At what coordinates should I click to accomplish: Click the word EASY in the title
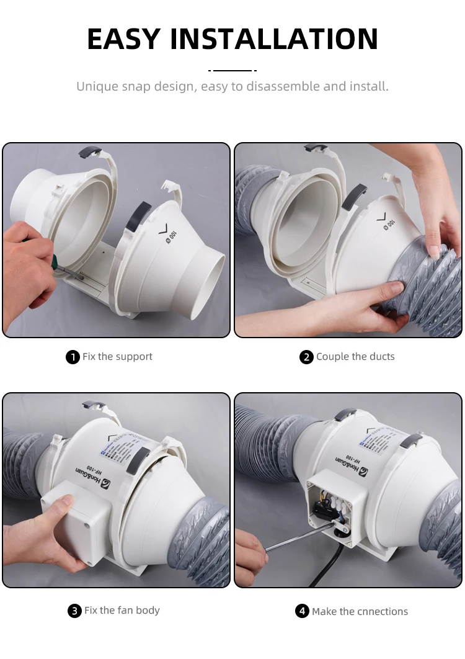(124, 39)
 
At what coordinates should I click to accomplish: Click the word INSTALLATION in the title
(274, 39)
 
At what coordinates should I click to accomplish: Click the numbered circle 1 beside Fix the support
(73, 357)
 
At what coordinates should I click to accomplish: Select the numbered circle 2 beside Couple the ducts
(306, 357)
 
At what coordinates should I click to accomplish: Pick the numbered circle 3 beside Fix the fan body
(74, 611)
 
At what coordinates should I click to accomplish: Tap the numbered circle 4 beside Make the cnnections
(302, 611)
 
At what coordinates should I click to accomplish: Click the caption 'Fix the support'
(117, 357)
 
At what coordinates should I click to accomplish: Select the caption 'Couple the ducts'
(355, 357)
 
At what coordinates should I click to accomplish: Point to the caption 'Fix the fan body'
(122, 611)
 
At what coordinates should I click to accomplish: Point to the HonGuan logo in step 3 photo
(118, 480)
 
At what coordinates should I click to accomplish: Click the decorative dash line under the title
(232, 70)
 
